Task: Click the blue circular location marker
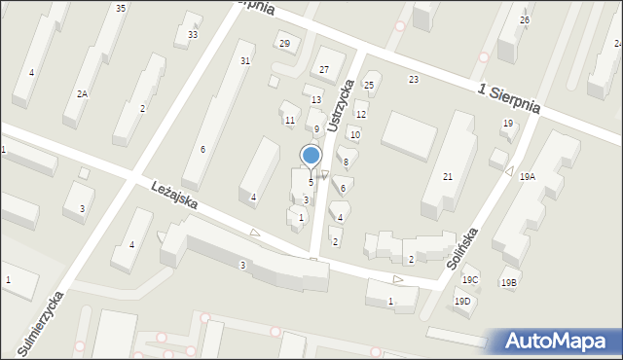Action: coord(311,156)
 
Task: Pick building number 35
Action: coord(120,9)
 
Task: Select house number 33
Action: coord(193,35)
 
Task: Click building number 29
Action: coord(284,43)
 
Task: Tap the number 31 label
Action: coord(245,60)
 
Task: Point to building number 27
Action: coord(324,70)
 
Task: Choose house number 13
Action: coord(316,100)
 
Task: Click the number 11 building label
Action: coord(290,121)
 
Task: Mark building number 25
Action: coord(369,86)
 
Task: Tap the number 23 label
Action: coord(414,79)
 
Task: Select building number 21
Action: coord(448,176)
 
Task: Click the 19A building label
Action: coord(528,176)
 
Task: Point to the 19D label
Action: coord(462,301)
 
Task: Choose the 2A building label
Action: coord(83,93)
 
